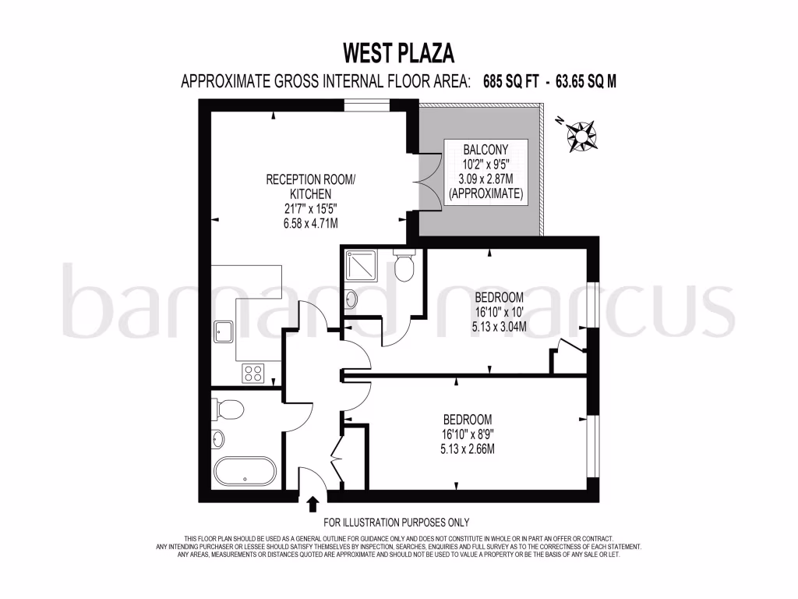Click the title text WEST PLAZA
click(x=398, y=53)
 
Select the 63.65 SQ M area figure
click(x=585, y=81)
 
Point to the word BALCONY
click(x=486, y=150)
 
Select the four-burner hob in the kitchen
click(x=254, y=373)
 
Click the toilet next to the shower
click(x=404, y=268)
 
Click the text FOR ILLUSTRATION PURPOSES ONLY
click(x=396, y=523)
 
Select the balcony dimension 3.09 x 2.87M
click(x=486, y=179)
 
